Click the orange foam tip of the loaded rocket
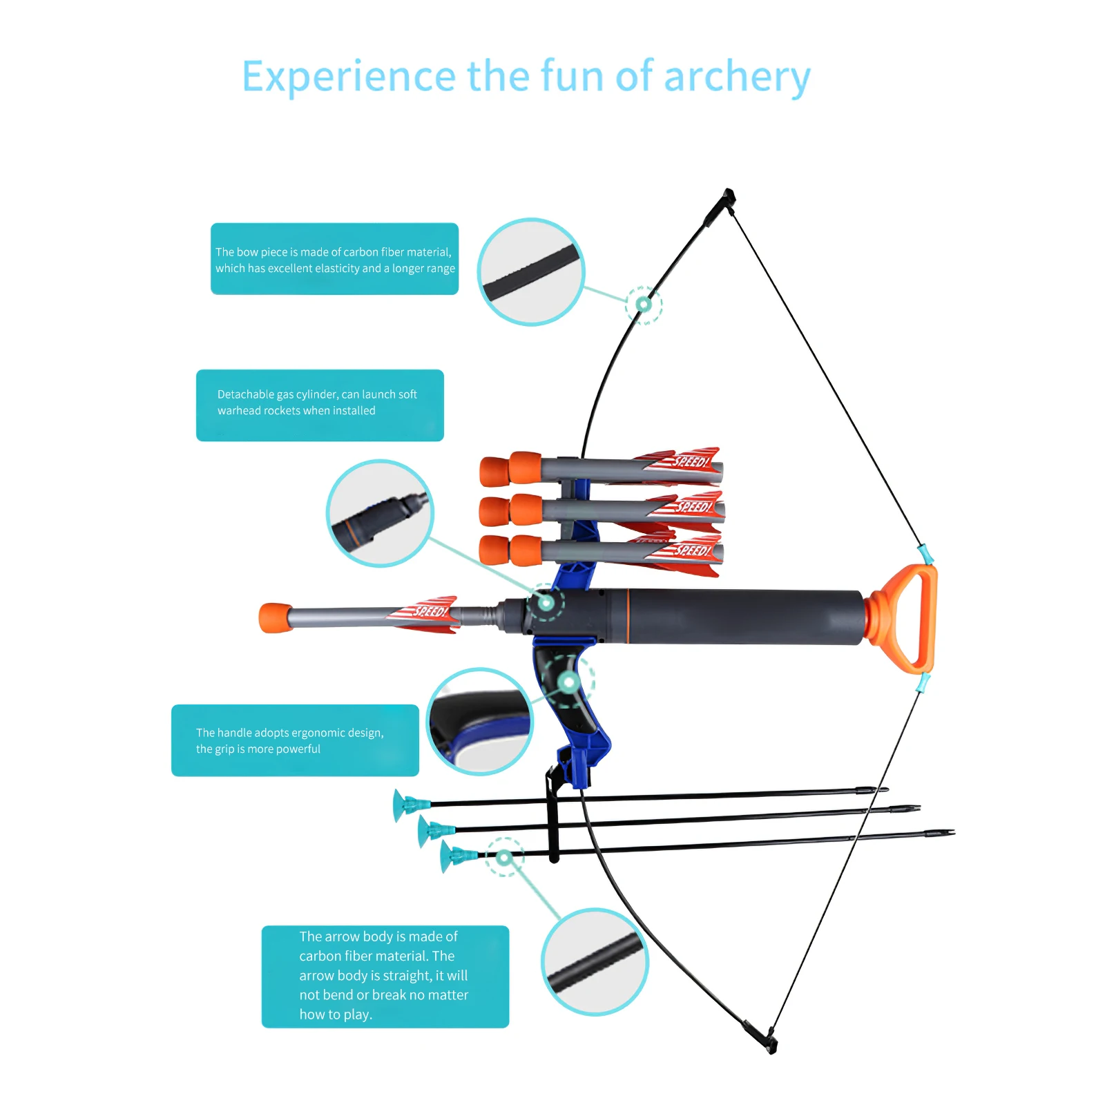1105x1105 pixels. pos(275,617)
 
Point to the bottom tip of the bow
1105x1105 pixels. pos(771,1046)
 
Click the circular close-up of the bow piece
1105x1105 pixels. pos(531,272)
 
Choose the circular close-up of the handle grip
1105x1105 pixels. pos(479,722)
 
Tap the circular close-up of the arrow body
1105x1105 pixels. pos(595,962)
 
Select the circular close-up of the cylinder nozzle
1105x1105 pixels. pos(380,513)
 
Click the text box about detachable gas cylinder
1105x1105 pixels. pos(320,405)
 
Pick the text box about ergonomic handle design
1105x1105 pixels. pos(295,740)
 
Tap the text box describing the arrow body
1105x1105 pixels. pos(385,976)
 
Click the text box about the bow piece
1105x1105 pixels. pos(334,259)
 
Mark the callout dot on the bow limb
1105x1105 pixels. pos(644,304)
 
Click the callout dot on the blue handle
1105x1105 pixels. pos(568,683)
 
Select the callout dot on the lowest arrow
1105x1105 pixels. pos(504,858)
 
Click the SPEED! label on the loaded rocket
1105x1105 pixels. pos(430,611)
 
